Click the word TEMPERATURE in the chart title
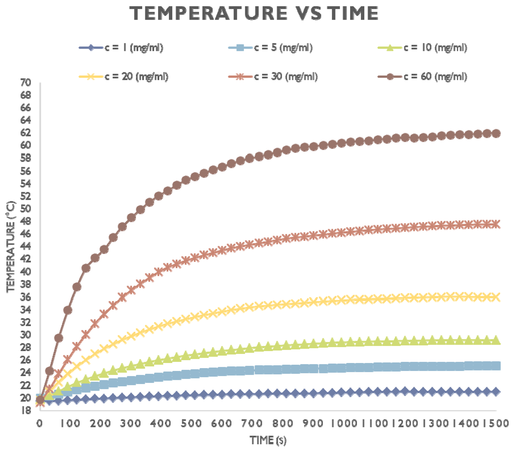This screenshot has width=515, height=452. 208,13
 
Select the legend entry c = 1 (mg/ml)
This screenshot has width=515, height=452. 121,47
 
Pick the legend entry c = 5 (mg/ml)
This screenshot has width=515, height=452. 270,47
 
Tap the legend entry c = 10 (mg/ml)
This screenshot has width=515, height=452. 422,47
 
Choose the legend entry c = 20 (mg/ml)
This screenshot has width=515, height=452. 124,76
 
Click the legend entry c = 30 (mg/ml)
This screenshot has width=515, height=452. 273,76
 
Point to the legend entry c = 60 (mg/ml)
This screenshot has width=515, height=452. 422,76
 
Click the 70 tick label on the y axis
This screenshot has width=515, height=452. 25,83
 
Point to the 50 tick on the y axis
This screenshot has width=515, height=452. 25,208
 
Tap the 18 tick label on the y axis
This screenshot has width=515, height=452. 25,410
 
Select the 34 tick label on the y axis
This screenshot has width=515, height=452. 25,309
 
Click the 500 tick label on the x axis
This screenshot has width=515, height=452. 191,423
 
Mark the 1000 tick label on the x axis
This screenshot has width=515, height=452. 344,423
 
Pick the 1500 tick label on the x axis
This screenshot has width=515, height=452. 496,423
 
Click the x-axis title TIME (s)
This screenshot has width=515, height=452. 268,440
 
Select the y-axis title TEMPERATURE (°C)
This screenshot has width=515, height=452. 11,246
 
